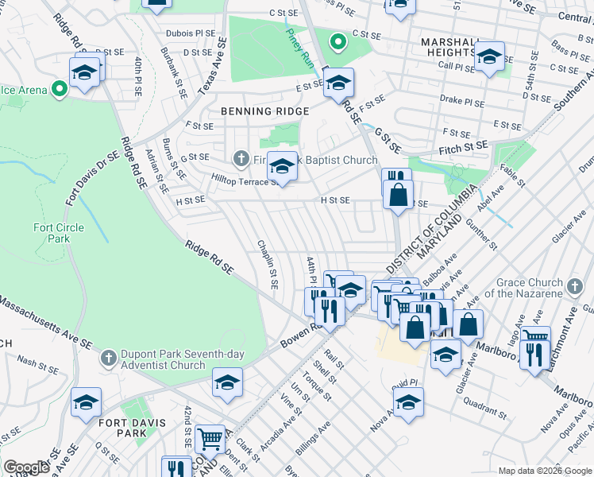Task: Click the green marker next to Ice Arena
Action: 59,90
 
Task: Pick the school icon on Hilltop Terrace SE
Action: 281,165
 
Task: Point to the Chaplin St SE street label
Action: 267,264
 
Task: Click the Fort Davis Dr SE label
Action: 93,180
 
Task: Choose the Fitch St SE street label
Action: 465,149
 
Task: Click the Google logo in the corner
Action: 26,467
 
